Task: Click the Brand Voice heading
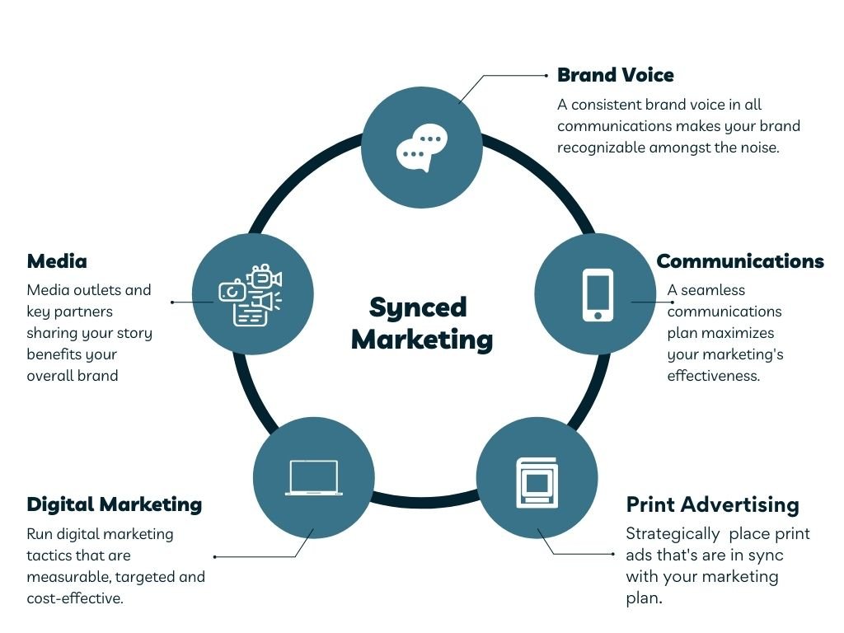click(x=615, y=75)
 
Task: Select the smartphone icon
click(x=598, y=294)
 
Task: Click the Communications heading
click(x=739, y=261)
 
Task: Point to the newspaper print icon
click(x=537, y=481)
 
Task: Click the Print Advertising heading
click(x=712, y=504)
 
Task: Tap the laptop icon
click(x=313, y=477)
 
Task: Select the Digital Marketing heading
click(x=114, y=504)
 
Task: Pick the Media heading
click(x=57, y=261)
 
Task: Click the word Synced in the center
click(x=418, y=307)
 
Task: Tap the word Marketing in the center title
click(x=422, y=339)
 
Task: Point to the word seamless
click(x=713, y=290)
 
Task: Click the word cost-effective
click(x=74, y=598)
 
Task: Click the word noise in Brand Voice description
click(x=776, y=148)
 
